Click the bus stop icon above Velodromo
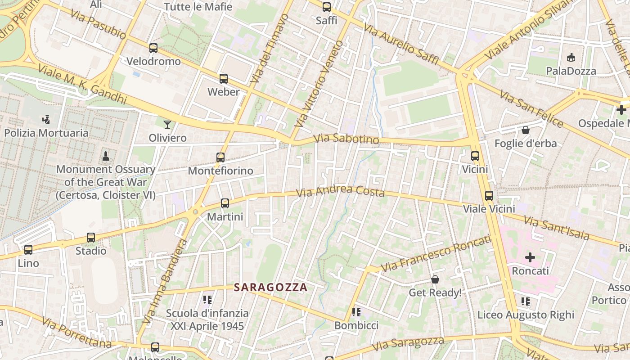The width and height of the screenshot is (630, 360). [x=153, y=48]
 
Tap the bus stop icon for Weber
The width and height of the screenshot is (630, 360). [x=224, y=79]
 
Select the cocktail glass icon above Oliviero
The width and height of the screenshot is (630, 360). [x=167, y=124]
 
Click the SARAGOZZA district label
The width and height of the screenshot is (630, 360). [x=271, y=287]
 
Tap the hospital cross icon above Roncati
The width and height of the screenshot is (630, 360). [x=530, y=257]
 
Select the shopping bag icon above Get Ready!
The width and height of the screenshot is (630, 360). [x=435, y=279]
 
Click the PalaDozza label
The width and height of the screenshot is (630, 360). [x=571, y=71]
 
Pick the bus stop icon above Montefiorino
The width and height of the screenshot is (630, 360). [x=220, y=157]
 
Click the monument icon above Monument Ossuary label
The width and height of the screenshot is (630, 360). [x=106, y=156]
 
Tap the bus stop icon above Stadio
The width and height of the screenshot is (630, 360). [x=91, y=238]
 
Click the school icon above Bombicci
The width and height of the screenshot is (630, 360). [x=356, y=312]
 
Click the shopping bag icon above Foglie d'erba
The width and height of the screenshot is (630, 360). [x=525, y=130]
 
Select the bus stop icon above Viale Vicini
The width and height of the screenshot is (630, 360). [x=489, y=196]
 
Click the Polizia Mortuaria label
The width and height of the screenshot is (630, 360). [x=46, y=133]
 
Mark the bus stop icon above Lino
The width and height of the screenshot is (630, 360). [x=28, y=249]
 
